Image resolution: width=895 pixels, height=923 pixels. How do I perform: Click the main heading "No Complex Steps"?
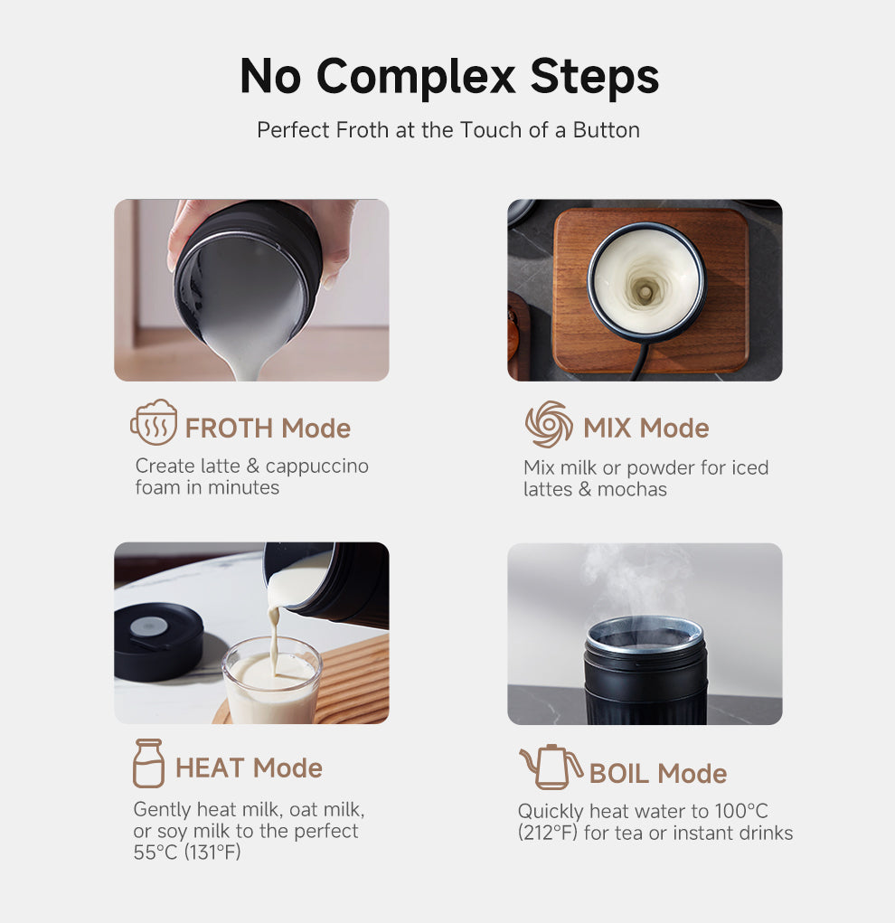pos(449,77)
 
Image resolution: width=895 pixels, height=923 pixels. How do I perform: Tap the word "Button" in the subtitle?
pos(606,130)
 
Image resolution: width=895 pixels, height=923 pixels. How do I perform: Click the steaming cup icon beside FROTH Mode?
pos(154,422)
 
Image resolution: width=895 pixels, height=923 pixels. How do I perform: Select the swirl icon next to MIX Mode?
pos(549,425)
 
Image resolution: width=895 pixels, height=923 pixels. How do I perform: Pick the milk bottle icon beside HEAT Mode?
pos(148,764)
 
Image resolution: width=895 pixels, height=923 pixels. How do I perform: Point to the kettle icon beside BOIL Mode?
pos(551,768)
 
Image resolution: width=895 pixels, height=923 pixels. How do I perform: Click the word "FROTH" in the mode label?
pos(230,429)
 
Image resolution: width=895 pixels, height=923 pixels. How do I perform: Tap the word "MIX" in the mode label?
pos(608,429)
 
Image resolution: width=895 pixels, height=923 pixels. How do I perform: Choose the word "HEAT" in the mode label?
pos(210,768)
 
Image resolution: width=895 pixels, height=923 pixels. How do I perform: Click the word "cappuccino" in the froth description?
pos(316,466)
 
